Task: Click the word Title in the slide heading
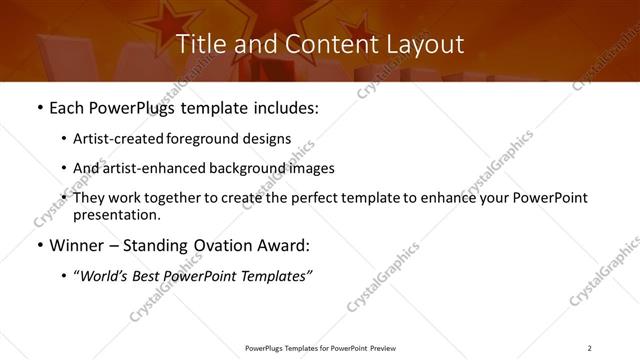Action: pos(199,44)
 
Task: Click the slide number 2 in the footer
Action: pos(589,347)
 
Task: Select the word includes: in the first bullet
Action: pos(284,108)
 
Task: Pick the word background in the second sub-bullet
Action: pos(249,168)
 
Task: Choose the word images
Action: pos(310,168)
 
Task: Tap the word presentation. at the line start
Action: pos(118,215)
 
